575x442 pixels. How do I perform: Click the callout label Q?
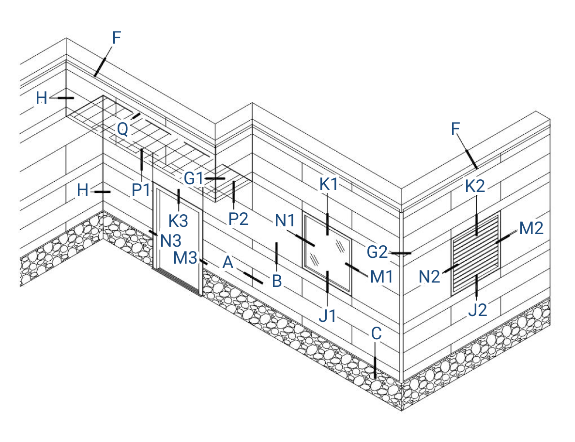(x=122, y=129)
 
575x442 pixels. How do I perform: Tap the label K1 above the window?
(x=329, y=185)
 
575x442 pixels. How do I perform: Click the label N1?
(x=285, y=221)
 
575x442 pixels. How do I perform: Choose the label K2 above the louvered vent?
(x=475, y=187)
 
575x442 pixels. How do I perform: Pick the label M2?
(x=531, y=228)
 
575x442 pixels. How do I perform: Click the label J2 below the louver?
(x=477, y=310)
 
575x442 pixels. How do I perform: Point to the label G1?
(x=193, y=178)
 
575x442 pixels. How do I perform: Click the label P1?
(x=141, y=190)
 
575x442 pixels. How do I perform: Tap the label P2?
(x=239, y=219)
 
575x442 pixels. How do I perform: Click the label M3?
(x=185, y=258)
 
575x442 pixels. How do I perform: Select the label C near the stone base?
(x=377, y=333)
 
